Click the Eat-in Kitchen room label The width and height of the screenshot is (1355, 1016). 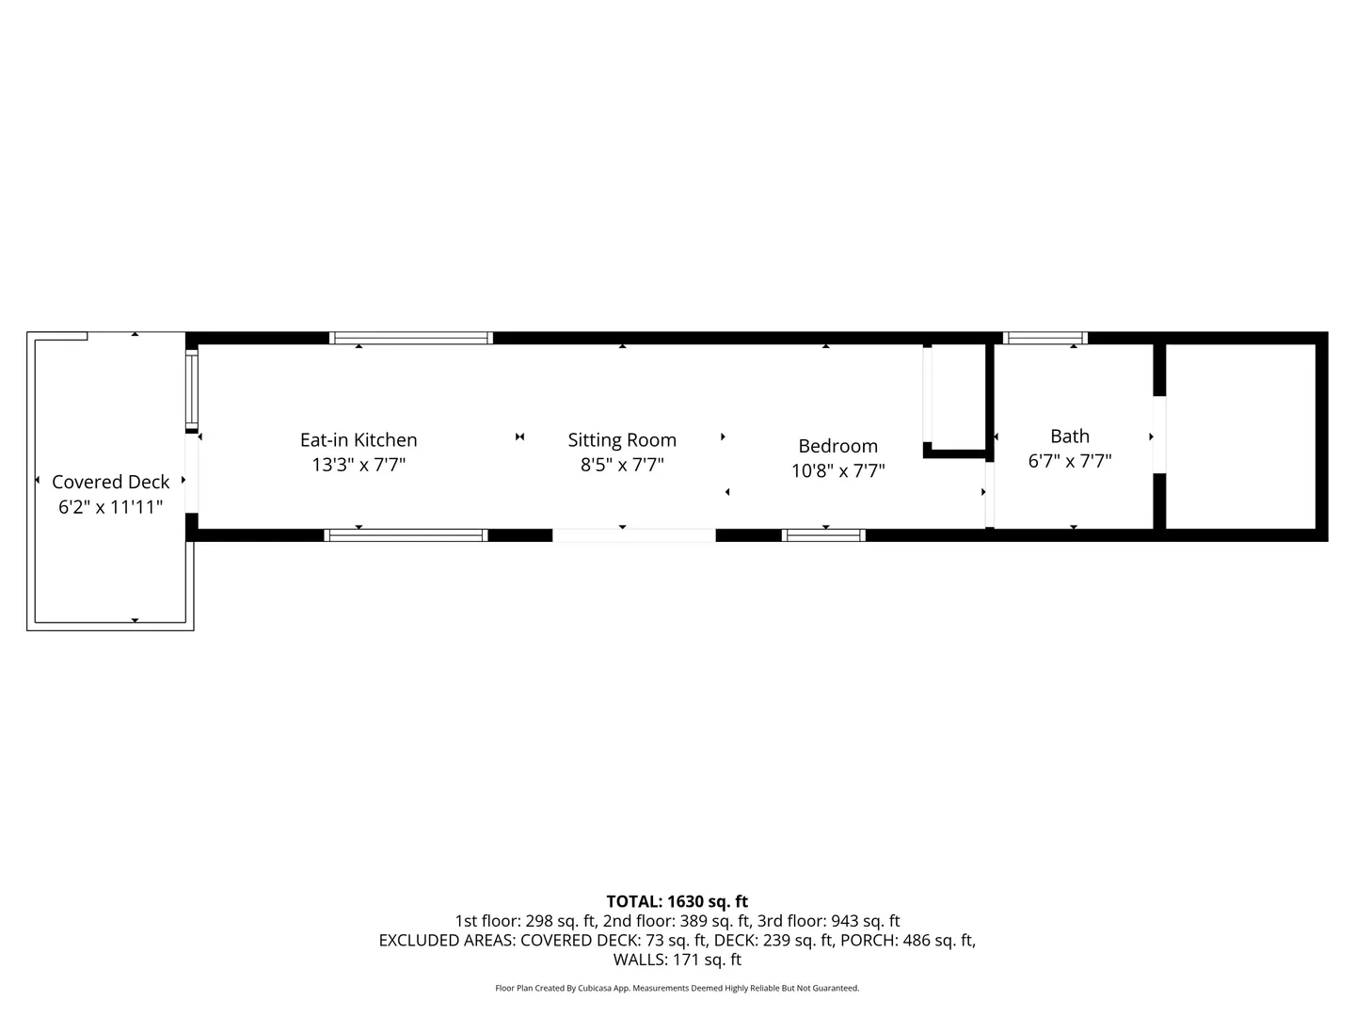(359, 440)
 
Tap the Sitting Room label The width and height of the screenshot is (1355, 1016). (622, 440)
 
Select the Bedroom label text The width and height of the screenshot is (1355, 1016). (837, 446)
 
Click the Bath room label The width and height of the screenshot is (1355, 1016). (1070, 437)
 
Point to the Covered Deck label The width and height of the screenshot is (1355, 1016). (110, 482)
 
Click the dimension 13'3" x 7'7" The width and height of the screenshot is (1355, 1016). (359, 465)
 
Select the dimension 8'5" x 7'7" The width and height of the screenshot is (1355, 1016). (622, 465)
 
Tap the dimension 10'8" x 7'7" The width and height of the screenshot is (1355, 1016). (837, 470)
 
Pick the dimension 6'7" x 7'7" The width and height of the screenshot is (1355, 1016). (1070, 461)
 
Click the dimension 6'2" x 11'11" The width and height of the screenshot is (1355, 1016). (110, 507)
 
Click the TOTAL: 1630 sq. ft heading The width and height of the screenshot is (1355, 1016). (677, 902)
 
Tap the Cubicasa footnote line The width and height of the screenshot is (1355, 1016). (677, 988)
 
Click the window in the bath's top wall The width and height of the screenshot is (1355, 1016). (1044, 338)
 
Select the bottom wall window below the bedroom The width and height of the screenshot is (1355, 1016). (823, 535)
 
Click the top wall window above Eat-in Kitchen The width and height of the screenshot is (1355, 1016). (410, 338)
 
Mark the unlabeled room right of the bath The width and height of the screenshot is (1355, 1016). (1241, 437)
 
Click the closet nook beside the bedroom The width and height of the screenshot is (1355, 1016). (958, 397)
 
